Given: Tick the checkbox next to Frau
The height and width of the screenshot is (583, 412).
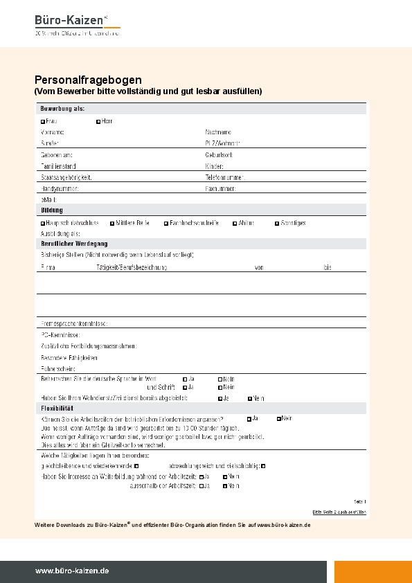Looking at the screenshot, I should pos(43,121).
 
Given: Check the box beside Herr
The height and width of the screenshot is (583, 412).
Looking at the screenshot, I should pos(98,121).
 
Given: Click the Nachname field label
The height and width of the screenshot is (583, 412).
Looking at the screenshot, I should pos(218,132).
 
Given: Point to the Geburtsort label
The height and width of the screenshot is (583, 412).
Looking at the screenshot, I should pos(219,155).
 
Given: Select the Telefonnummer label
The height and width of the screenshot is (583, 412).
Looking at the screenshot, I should pos(225,177).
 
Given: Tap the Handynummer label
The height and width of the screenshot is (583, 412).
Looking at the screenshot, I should pos(60,188).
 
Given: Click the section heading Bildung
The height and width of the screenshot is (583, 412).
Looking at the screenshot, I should pos(52,210).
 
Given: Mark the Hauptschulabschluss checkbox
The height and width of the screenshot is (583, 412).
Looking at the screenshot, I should pos(43,224).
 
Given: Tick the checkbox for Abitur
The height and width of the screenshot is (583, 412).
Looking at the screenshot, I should pos(234,224).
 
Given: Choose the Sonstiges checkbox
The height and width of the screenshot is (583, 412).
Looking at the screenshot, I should pos(276,224).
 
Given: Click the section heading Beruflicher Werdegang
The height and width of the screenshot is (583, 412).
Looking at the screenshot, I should pos(74,244).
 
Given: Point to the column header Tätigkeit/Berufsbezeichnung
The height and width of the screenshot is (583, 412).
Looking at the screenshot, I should pos(132,267).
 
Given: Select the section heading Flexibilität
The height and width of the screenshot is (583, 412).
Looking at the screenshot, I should pos(58,409).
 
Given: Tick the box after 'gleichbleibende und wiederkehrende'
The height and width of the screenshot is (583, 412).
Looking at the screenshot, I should pos(145,467).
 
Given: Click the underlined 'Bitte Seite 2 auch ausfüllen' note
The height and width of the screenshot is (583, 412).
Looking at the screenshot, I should pos(339,512).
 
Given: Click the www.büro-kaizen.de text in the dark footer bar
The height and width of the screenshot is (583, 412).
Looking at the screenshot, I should pos(72,571).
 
